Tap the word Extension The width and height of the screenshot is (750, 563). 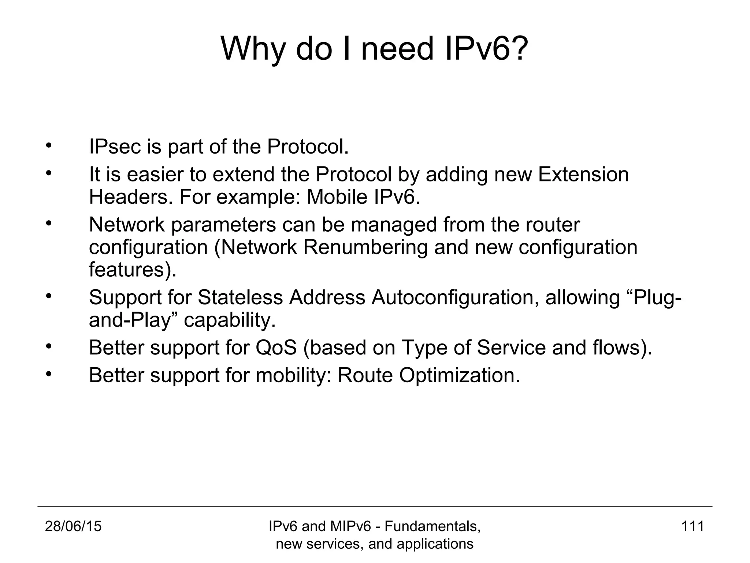(583, 174)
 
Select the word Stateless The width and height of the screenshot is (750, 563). (240, 297)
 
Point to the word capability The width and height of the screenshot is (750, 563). (229, 320)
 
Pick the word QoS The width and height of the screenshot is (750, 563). (276, 347)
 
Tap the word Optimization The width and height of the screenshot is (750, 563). (459, 375)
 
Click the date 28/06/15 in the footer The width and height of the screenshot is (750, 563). (73, 527)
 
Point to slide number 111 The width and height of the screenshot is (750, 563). (693, 527)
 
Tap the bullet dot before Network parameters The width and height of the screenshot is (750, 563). (48, 223)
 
